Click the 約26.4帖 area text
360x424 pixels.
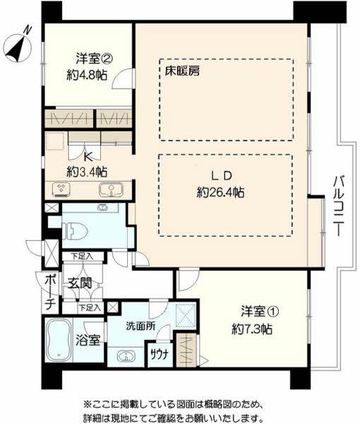220,192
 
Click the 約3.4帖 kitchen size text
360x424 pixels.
88,172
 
